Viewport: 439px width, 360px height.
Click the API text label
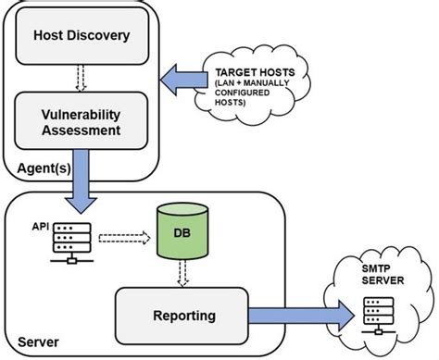(x=40, y=225)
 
